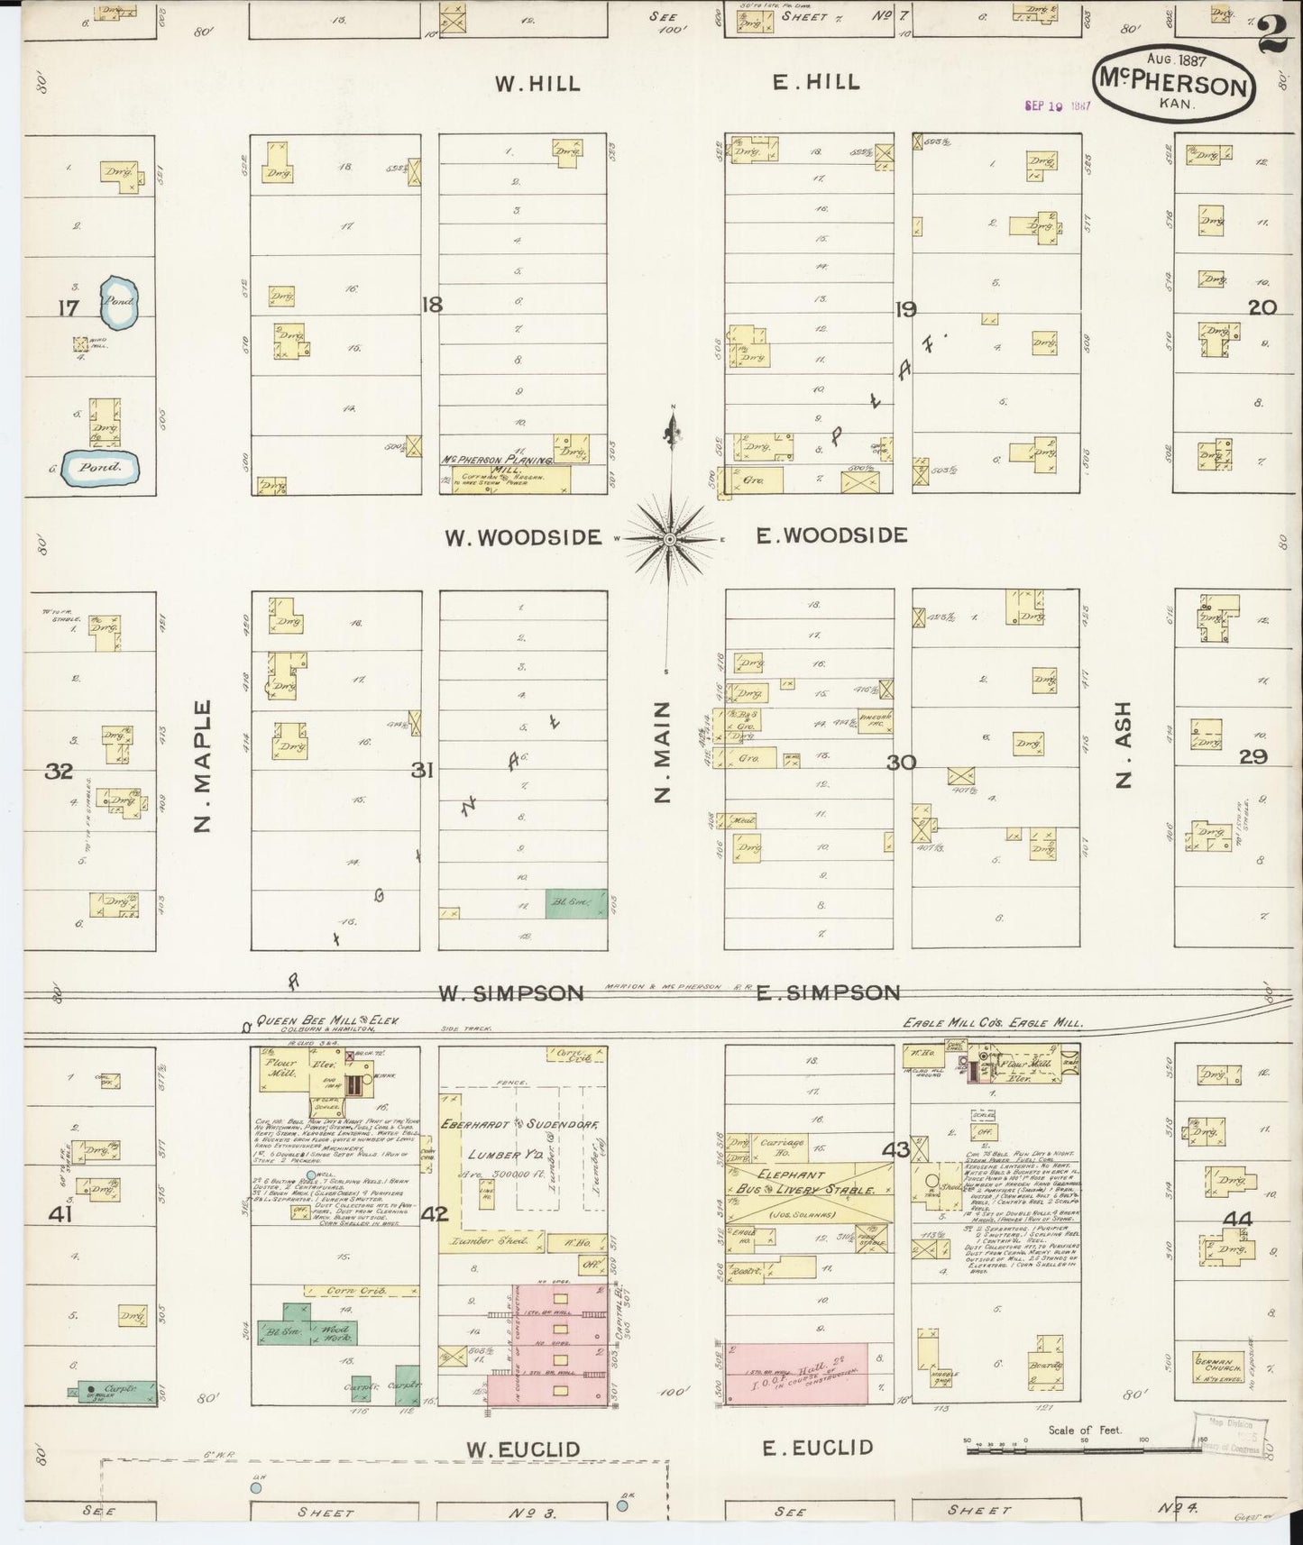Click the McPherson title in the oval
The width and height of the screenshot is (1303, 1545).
(1174, 85)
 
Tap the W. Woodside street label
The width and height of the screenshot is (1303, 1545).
(522, 538)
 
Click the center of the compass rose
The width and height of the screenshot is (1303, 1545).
(670, 538)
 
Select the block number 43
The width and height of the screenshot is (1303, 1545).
(895, 1150)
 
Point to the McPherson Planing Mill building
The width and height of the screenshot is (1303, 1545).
(505, 476)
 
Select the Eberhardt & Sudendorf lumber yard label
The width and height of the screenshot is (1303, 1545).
(509, 1125)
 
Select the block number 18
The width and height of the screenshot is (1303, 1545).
(432, 305)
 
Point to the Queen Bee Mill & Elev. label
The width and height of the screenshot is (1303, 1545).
(326, 1021)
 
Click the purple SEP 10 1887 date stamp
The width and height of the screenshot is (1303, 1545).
(1058, 105)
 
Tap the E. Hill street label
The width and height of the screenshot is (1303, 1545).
(816, 83)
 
